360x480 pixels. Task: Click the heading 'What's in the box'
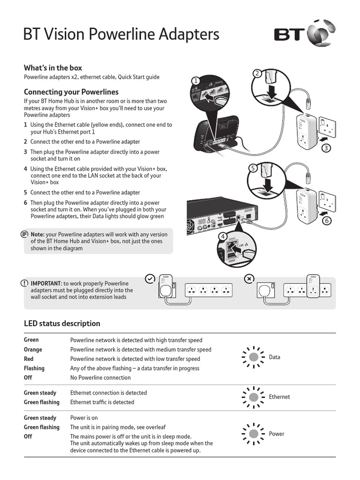click(x=53, y=67)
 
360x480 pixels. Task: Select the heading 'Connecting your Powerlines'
click(x=71, y=92)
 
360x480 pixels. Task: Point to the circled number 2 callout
click(x=257, y=73)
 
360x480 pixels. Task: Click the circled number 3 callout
click(x=326, y=149)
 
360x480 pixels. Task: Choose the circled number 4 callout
click(x=223, y=237)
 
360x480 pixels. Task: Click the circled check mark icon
click(x=149, y=278)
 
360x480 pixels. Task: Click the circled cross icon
click(x=249, y=278)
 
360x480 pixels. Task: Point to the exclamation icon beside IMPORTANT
click(x=24, y=284)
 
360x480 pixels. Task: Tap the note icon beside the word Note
click(x=24, y=233)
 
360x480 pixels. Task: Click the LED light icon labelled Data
click(x=253, y=357)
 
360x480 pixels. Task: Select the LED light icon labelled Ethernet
click(x=253, y=397)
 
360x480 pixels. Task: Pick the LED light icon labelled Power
click(x=253, y=434)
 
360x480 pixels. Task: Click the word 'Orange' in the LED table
click(x=33, y=350)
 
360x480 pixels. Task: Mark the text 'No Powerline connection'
click(x=100, y=378)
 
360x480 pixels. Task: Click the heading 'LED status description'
click(x=62, y=323)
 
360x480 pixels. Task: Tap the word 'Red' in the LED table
click(x=29, y=359)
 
